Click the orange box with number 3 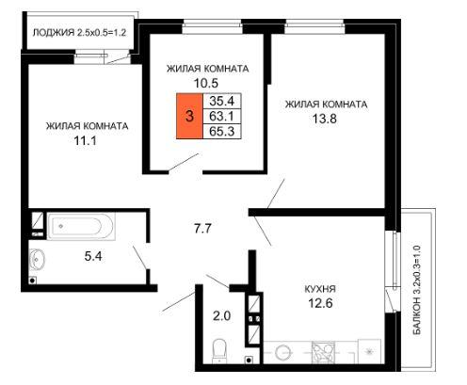[189, 116]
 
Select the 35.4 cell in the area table [222, 101]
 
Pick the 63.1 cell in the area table [222, 116]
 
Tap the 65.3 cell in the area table [222, 131]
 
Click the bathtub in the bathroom [81, 226]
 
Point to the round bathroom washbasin [37, 259]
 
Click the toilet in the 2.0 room [219, 351]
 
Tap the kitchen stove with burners [323, 352]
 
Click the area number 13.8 [325, 119]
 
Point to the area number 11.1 [85, 140]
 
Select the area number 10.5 [206, 83]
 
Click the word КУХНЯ [320, 289]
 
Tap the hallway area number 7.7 [202, 229]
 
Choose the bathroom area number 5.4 [93, 256]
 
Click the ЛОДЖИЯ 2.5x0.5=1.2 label [79, 32]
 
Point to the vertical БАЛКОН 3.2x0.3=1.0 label [417, 290]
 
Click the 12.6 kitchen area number [320, 303]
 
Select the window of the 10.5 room [212, 26]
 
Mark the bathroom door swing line [139, 258]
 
